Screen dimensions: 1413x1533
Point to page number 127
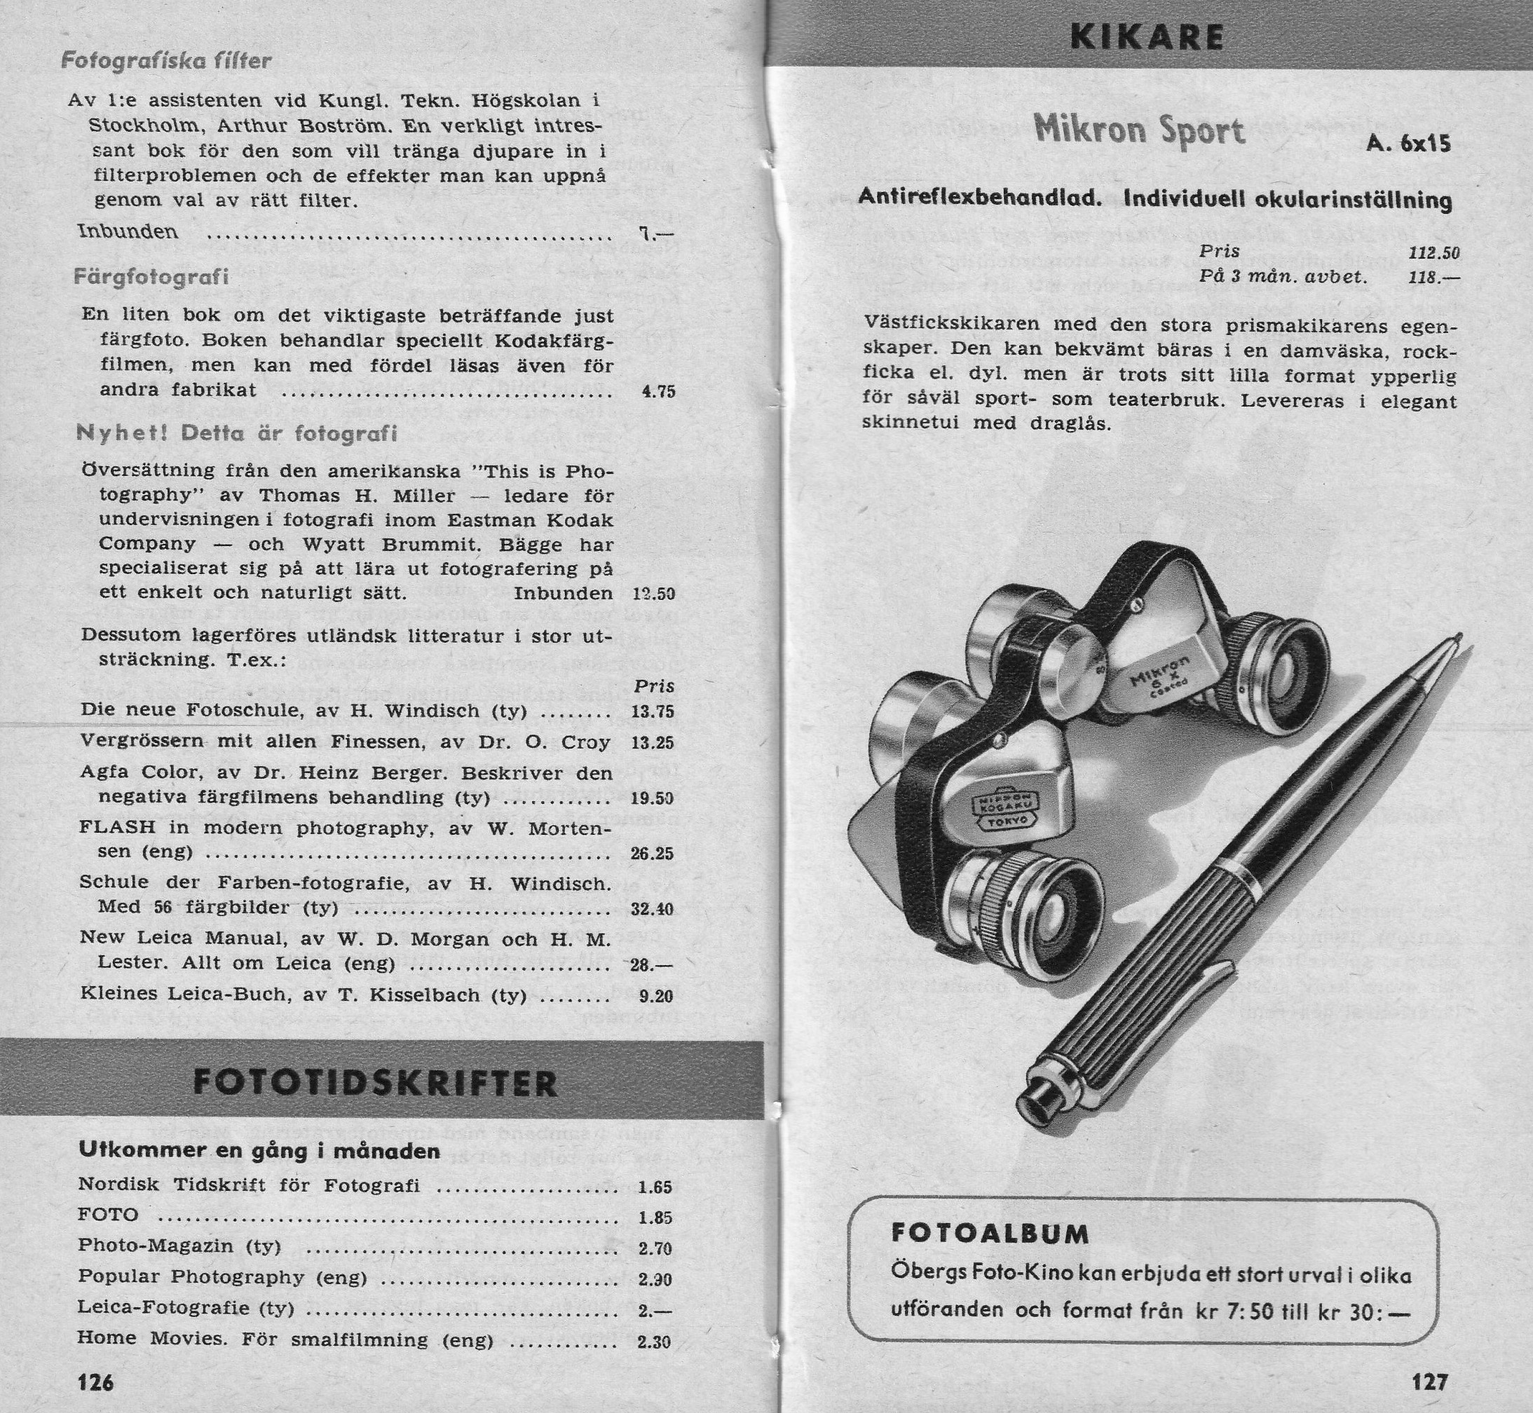click(x=1430, y=1381)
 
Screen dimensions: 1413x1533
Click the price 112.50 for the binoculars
click(x=1433, y=253)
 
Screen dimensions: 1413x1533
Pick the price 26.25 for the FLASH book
click(x=651, y=853)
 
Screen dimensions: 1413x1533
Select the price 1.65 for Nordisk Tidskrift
click(x=655, y=1187)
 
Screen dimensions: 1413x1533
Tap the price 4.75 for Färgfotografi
click(x=658, y=392)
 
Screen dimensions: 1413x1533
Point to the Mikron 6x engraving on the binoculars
click(x=1162, y=671)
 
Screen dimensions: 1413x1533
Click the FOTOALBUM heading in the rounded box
click(x=990, y=1234)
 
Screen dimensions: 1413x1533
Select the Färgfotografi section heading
click(x=151, y=276)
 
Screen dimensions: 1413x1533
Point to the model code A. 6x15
click(x=1408, y=144)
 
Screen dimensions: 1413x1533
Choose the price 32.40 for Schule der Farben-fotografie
click(x=651, y=909)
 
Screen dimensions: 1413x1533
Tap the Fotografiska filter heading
click(x=167, y=60)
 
